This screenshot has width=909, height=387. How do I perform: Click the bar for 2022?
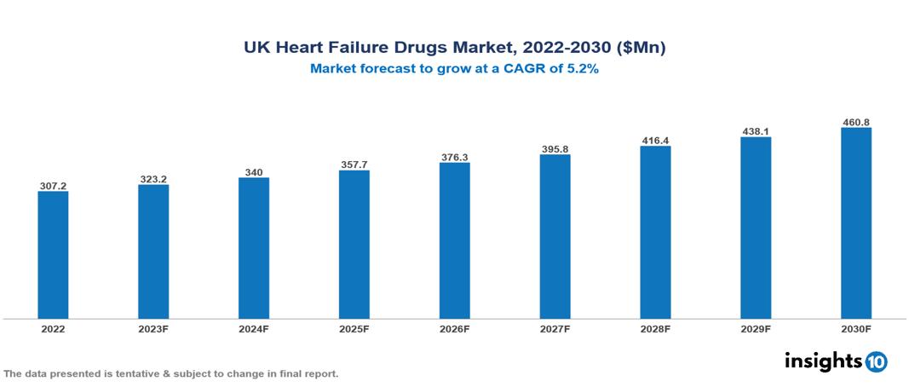53,255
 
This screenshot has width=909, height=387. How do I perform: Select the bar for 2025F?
354,245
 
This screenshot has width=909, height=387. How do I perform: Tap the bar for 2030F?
855,223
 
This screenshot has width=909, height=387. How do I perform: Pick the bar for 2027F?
555,236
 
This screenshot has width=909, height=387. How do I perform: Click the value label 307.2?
53,185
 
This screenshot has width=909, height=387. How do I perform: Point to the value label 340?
254,171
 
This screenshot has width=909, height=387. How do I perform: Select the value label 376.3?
454,156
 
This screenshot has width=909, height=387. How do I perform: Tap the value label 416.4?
655,139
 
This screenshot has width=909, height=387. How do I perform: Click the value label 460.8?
855,122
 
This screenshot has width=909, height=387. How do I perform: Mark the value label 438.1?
756,130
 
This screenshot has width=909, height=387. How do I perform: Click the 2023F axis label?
153,329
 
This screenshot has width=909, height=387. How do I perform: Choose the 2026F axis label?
454,329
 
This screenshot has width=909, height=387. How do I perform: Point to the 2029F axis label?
756,329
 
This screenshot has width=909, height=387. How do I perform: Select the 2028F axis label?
655,329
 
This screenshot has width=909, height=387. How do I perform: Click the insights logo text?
823,361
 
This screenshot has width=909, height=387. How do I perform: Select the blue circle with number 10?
877,362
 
